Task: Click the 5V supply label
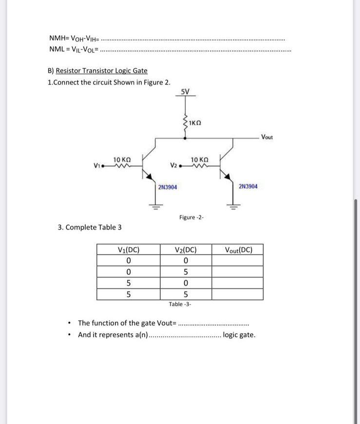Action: pos(185,92)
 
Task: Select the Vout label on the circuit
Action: pos(267,137)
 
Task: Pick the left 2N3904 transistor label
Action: pos(168,187)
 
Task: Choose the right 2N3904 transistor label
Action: pos(248,186)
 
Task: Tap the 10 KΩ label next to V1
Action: pos(122,159)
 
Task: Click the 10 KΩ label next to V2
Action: pos(200,159)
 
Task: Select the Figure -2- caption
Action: pos(191,216)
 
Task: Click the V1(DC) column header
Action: pos(129,251)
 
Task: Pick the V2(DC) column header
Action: pos(186,251)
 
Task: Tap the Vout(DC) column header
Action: pos(239,251)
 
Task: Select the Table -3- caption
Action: pos(180,304)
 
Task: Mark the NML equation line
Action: pos(74,48)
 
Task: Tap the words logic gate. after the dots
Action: pos(239,335)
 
